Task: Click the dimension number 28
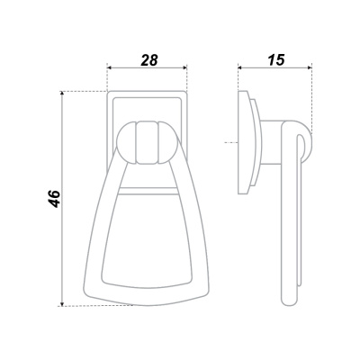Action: (x=149, y=60)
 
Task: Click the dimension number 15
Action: (x=276, y=60)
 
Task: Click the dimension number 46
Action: (x=55, y=198)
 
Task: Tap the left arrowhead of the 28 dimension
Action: (x=110, y=67)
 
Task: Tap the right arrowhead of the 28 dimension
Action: (x=184, y=67)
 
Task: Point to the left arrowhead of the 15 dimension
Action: (x=241, y=67)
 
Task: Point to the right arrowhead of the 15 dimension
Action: (x=309, y=67)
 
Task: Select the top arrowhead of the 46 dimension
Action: (x=62, y=94)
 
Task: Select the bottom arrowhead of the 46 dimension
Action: (x=62, y=303)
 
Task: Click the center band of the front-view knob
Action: (x=147, y=143)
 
